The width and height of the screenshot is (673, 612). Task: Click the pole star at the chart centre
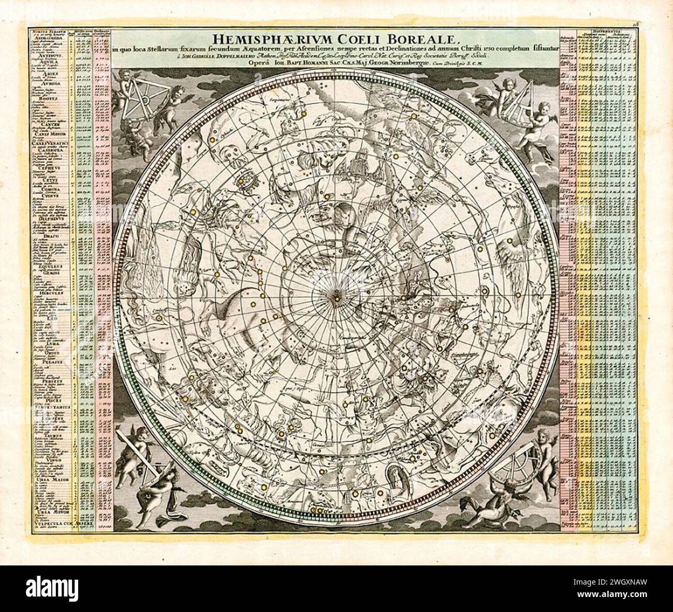point(336,297)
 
